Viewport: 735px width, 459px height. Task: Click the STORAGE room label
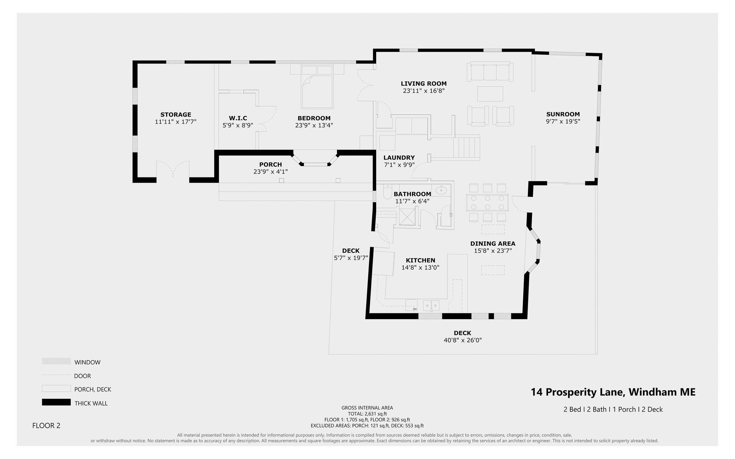click(x=175, y=115)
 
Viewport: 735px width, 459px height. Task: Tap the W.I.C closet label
click(x=238, y=118)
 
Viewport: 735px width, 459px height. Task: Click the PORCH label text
click(x=270, y=165)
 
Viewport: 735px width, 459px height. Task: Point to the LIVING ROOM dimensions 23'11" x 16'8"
click(x=423, y=91)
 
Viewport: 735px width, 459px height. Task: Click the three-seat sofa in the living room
click(x=490, y=73)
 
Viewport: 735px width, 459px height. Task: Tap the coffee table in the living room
click(x=490, y=94)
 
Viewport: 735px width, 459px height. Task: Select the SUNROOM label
click(x=563, y=114)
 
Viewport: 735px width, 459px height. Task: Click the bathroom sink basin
click(x=441, y=190)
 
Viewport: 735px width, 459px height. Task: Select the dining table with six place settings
click(x=487, y=203)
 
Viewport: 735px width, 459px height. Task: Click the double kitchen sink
click(x=431, y=306)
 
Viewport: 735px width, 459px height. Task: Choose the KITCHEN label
click(x=420, y=260)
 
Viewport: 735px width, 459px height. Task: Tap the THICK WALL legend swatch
click(x=56, y=402)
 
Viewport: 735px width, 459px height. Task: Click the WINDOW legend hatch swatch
click(x=56, y=361)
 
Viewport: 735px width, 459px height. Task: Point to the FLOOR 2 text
click(x=46, y=426)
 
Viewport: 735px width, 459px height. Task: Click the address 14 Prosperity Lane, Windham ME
click(x=613, y=392)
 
